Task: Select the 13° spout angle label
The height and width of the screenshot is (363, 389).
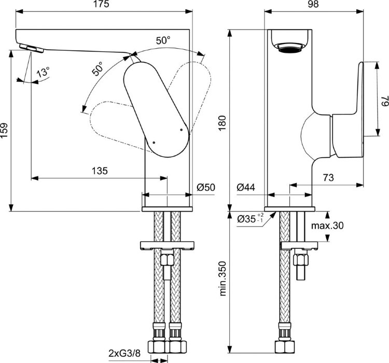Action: (x=43, y=73)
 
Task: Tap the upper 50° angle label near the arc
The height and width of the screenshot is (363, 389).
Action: (x=162, y=39)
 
